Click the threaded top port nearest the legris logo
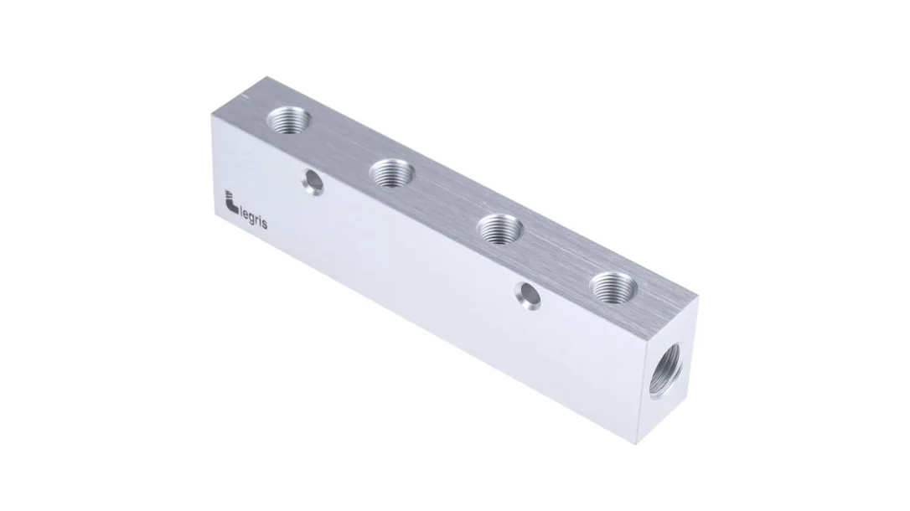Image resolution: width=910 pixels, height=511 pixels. [288, 120]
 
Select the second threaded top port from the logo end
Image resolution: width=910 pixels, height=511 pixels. [392, 173]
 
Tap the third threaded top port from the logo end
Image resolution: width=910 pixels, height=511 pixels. [500, 227]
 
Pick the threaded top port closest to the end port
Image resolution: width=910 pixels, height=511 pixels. [613, 286]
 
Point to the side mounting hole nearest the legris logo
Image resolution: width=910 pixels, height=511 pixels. [313, 182]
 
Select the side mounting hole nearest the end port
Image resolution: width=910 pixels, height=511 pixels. [528, 296]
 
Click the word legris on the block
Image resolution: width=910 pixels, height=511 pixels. [253, 219]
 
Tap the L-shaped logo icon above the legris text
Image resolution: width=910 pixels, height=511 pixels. [231, 203]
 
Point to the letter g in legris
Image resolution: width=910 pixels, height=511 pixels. [254, 221]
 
